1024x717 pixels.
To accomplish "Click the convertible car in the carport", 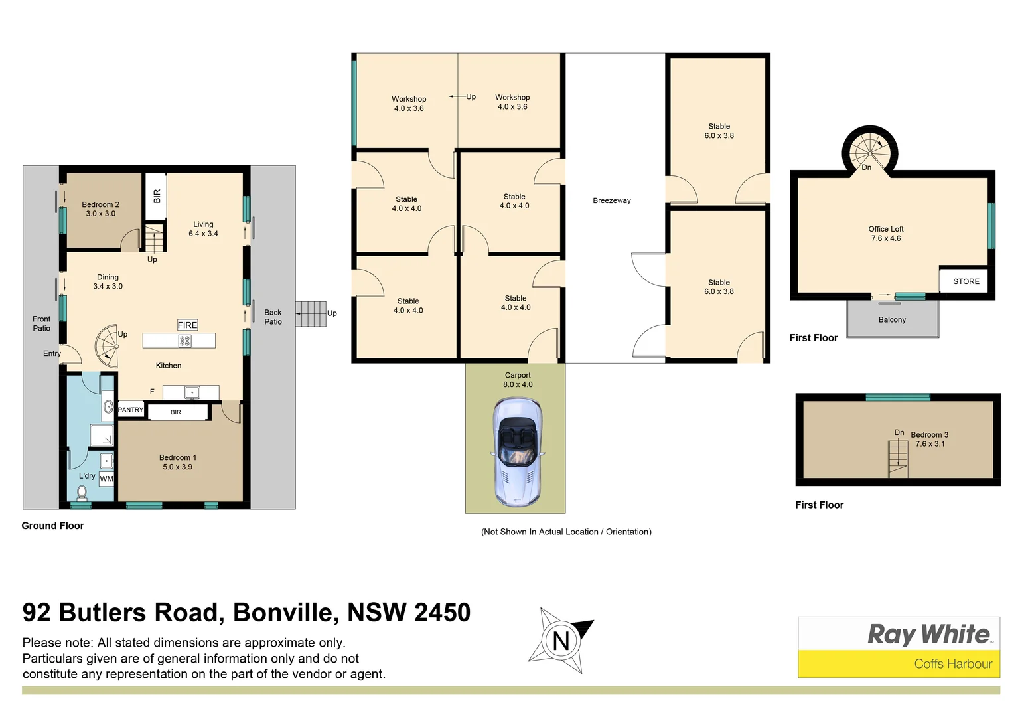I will pyautogui.click(x=517, y=453).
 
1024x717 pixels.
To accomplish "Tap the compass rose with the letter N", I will pyautogui.click(x=561, y=641).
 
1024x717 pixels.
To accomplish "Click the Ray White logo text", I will pyautogui.click(x=929, y=634).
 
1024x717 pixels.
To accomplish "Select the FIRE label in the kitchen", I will pyautogui.click(x=187, y=325).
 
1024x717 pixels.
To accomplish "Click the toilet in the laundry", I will pyautogui.click(x=82, y=492).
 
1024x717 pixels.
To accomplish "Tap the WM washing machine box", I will pyautogui.click(x=106, y=479).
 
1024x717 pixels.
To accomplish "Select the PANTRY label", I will pyautogui.click(x=130, y=410).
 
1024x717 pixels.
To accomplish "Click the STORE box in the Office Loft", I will pyautogui.click(x=966, y=281).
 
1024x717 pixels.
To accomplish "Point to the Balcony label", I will pyautogui.click(x=892, y=320).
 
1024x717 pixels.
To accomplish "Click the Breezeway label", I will pyautogui.click(x=611, y=200).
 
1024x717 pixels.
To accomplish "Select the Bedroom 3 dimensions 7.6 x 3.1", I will pyautogui.click(x=930, y=444).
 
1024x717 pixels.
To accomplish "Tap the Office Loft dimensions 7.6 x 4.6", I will pyautogui.click(x=886, y=238).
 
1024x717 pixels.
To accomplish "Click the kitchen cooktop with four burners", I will pyautogui.click(x=184, y=341).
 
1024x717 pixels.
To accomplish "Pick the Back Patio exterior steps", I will pyautogui.click(x=310, y=313).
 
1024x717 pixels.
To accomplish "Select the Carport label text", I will pyautogui.click(x=518, y=375).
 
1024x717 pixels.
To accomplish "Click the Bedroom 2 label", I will pyautogui.click(x=100, y=204).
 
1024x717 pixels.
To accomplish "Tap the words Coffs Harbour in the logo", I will pyautogui.click(x=953, y=663).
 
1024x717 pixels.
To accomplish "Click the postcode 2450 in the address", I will pyautogui.click(x=442, y=612).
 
